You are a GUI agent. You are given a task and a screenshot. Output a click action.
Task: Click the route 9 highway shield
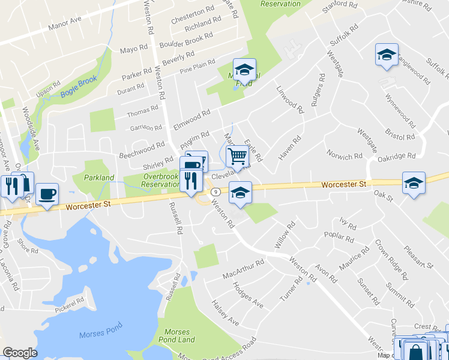214,192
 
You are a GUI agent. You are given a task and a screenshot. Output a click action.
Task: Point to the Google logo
20,353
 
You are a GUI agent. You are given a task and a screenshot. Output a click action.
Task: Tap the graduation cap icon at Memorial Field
244,70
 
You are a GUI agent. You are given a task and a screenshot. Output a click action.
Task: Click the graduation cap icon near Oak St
414,182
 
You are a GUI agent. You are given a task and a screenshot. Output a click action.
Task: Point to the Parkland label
99,178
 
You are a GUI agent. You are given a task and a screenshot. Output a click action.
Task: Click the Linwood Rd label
291,99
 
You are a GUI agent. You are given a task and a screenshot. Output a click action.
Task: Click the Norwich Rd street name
345,156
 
